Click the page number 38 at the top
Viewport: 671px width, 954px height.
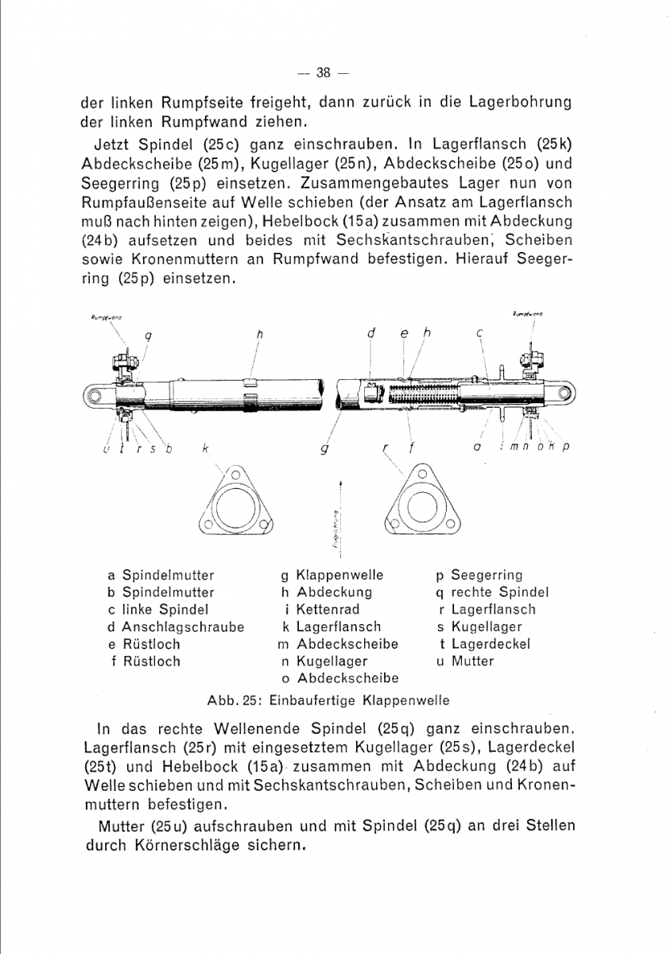(x=323, y=74)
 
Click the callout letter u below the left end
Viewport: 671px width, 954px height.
(x=107, y=450)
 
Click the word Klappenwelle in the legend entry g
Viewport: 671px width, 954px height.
(x=339, y=575)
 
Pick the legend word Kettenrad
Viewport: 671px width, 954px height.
(x=328, y=610)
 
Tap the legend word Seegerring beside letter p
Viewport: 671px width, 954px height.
(x=487, y=575)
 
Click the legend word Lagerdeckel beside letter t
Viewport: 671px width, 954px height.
(x=491, y=644)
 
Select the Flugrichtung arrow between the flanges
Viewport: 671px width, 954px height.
(x=340, y=509)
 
